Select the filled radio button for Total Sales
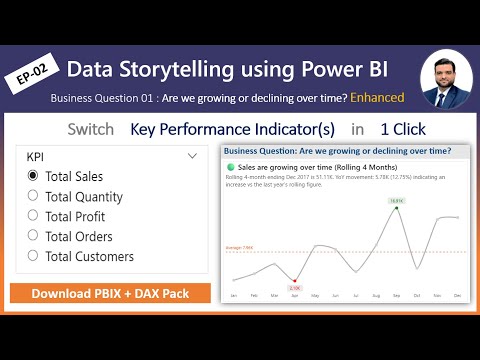tap(34, 176)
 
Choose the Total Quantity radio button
tap(34, 196)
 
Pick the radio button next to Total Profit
tap(34, 216)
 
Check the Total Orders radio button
tap(34, 236)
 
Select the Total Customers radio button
tap(34, 256)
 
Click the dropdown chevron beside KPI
tap(193, 156)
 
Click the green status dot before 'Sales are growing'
tap(231, 166)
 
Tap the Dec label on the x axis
tap(458, 296)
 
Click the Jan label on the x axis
tap(233, 296)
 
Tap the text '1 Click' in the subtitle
tap(404, 129)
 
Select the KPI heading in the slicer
tap(35, 156)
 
